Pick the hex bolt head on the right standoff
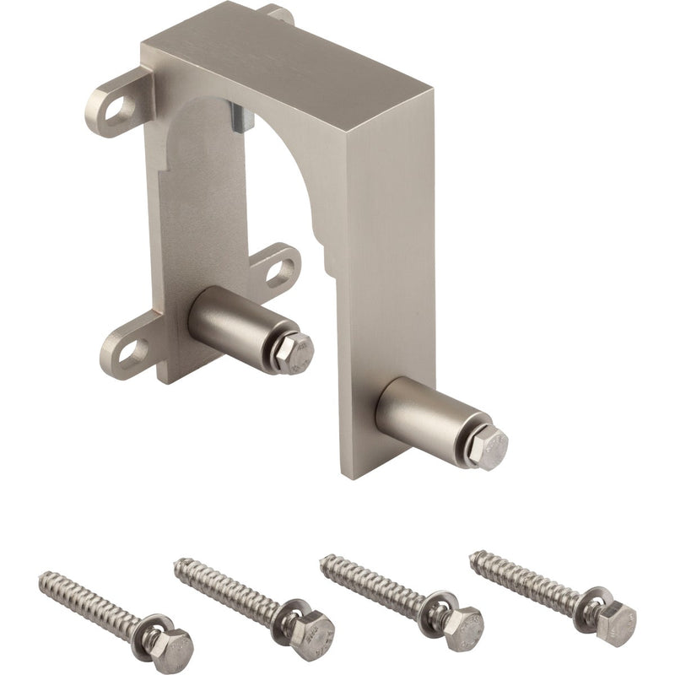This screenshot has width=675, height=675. point(488,447)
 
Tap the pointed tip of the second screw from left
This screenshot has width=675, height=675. point(180,563)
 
